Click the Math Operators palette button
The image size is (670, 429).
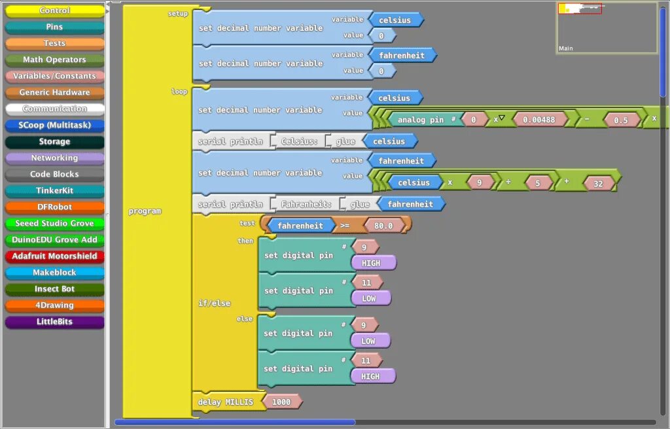pos(54,60)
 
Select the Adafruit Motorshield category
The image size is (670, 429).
pos(54,256)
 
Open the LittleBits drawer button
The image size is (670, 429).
pos(54,322)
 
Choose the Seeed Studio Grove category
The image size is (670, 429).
pos(54,224)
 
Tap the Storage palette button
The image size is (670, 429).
pos(54,142)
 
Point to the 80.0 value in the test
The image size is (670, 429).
pos(379,226)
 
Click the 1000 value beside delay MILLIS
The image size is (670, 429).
pos(281,402)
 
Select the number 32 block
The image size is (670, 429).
pos(598,184)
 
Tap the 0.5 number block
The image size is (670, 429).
pos(620,120)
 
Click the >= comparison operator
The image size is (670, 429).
pos(344,226)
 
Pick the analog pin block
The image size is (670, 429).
pos(421,120)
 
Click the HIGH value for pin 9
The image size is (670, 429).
pos(373,262)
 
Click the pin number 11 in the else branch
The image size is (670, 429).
pos(366,360)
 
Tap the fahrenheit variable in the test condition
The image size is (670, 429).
pos(300,226)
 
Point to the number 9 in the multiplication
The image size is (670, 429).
pos(479,183)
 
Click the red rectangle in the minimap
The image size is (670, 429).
pos(580,9)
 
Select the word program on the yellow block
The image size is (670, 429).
pos(145,211)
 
